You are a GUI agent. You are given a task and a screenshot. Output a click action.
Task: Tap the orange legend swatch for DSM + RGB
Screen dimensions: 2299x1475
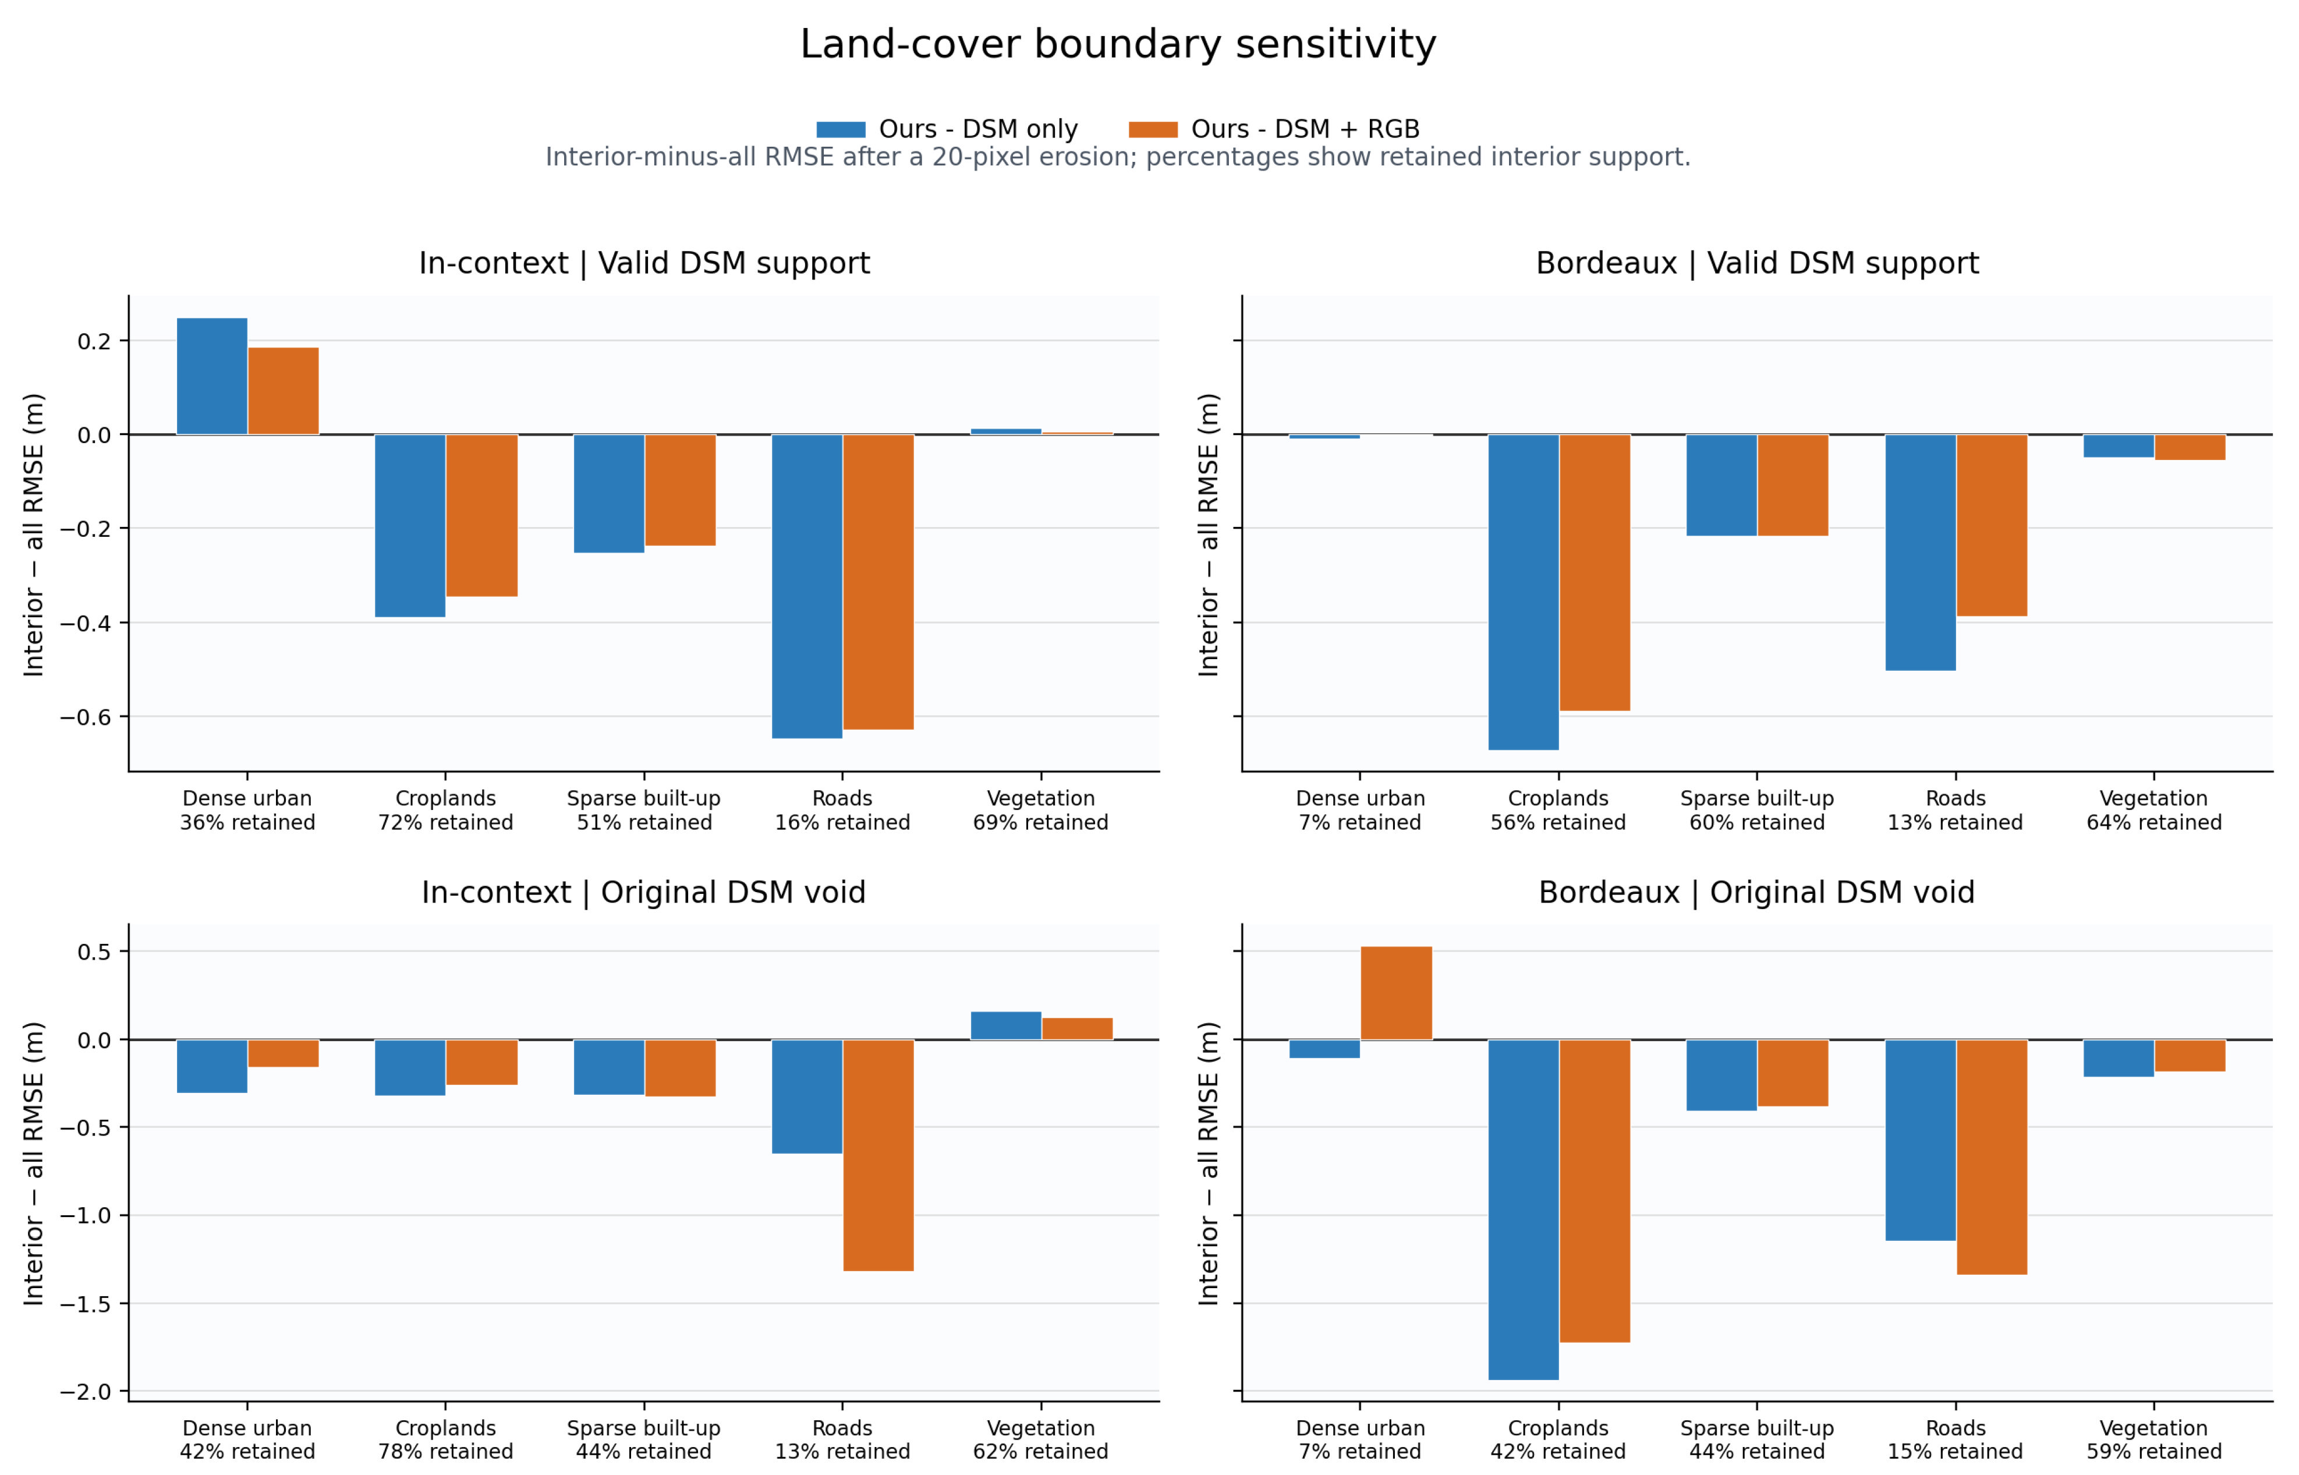pos(1152,129)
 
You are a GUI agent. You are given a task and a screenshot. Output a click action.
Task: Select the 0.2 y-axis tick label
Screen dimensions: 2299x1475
pos(95,341)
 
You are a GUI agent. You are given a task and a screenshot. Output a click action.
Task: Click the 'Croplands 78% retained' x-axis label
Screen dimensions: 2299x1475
pos(445,1439)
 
